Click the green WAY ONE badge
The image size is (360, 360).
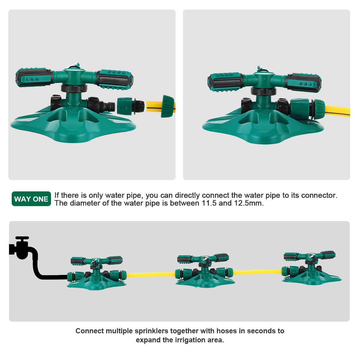point(31,199)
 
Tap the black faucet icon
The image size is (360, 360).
point(20,247)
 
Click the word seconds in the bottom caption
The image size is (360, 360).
point(261,331)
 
